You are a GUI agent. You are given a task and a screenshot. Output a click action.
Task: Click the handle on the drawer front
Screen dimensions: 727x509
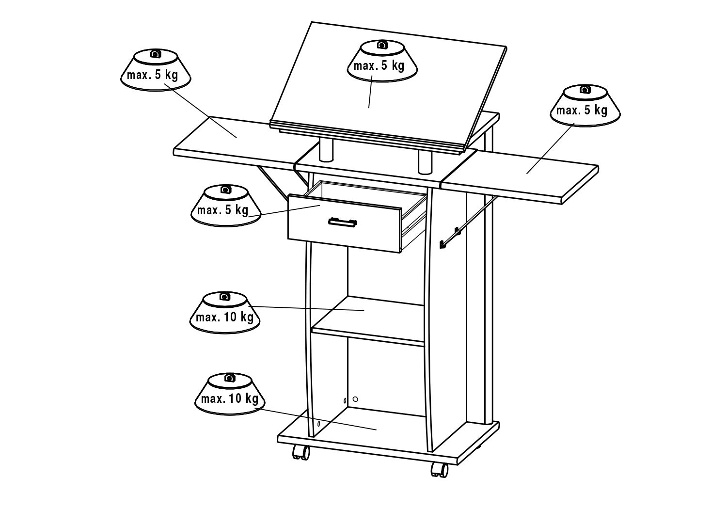click(342, 223)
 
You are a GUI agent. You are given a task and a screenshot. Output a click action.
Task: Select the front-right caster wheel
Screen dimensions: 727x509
click(439, 470)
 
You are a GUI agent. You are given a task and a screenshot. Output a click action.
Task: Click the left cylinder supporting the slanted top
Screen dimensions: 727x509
click(326, 150)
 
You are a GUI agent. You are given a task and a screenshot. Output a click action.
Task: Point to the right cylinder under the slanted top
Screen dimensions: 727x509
click(425, 162)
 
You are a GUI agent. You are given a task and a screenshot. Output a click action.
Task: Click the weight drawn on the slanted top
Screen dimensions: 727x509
click(382, 61)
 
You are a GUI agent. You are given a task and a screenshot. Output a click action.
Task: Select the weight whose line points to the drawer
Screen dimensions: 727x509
click(225, 205)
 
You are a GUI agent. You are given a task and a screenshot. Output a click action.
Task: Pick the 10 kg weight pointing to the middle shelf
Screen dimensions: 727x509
click(224, 312)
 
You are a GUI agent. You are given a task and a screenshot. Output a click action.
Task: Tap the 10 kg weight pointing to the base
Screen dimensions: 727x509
click(230, 394)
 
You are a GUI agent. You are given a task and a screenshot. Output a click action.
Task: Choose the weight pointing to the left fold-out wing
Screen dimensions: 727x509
click(156, 70)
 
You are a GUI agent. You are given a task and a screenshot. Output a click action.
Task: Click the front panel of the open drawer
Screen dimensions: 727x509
click(345, 223)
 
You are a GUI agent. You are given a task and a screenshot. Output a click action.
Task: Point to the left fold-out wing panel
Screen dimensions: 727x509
click(234, 143)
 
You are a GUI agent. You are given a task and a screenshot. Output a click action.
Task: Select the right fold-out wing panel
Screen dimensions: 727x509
click(519, 177)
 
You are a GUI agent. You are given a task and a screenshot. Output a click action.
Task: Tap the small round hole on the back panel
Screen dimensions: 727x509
click(355, 399)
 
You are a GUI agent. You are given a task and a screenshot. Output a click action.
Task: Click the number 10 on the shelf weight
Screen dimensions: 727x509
click(230, 317)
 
